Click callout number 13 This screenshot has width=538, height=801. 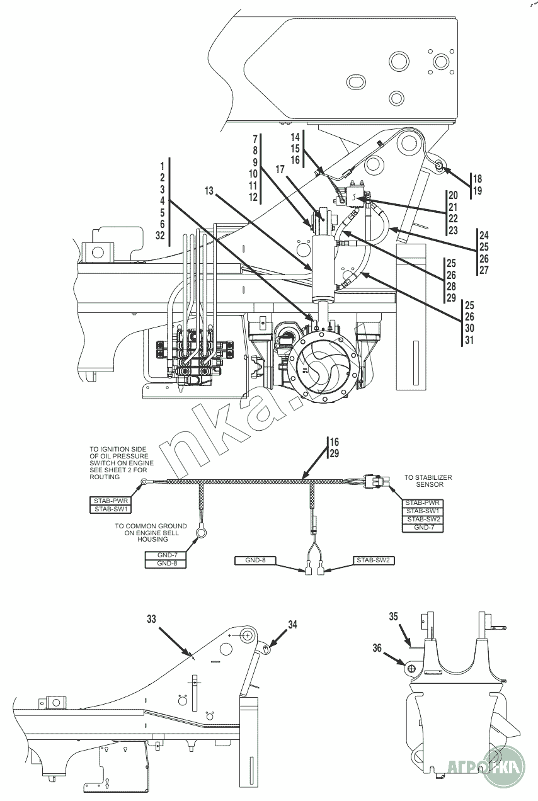[209, 190]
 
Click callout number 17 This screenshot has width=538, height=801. [280, 170]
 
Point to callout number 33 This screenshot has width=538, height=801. [151, 620]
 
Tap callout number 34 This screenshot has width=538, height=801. [292, 625]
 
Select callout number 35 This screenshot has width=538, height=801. [394, 617]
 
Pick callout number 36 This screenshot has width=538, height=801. [377, 647]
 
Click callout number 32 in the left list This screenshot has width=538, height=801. [160, 236]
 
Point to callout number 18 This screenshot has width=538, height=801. [477, 178]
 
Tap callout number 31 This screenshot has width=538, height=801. [469, 341]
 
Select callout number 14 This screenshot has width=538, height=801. [295, 137]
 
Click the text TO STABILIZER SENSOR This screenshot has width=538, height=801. [428, 482]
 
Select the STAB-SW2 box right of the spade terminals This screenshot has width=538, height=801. [374, 560]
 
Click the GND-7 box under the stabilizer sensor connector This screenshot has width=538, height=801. [423, 528]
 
